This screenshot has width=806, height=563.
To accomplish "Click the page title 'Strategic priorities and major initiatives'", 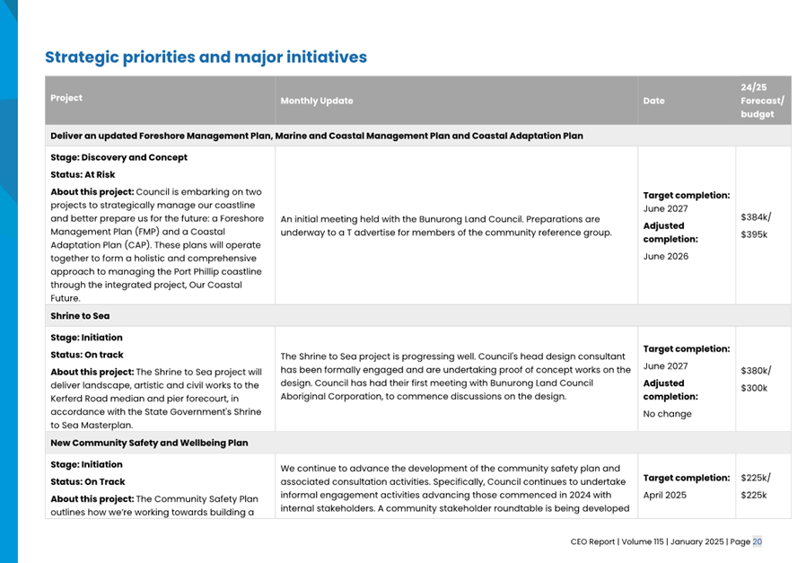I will pos(206,57).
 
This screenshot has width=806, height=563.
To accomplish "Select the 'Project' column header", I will pos(66,98).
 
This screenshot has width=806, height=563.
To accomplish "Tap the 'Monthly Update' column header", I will pos(317,101).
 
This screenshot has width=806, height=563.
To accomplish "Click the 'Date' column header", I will pos(653,101).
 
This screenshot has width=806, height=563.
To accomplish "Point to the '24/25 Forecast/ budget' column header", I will pos(761,101).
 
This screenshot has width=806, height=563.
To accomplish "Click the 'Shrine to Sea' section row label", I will pos(80,316).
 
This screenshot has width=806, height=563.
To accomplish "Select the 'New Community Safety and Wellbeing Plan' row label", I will pos(149,443).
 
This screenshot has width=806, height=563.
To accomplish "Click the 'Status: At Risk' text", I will pos(83,174).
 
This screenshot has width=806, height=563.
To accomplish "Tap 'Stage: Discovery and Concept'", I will pos(118,157).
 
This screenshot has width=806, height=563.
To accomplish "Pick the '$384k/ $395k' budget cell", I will pos(756,225).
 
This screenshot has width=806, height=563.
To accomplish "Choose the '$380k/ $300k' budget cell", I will pos(756,379).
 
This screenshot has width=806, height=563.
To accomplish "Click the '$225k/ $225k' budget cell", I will pos(756,486).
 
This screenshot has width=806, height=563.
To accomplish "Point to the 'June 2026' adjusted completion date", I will pos(666,256).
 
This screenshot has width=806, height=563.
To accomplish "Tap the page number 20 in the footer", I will pos(758,541).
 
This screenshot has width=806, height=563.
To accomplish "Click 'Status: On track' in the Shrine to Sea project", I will pos(87,355).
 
